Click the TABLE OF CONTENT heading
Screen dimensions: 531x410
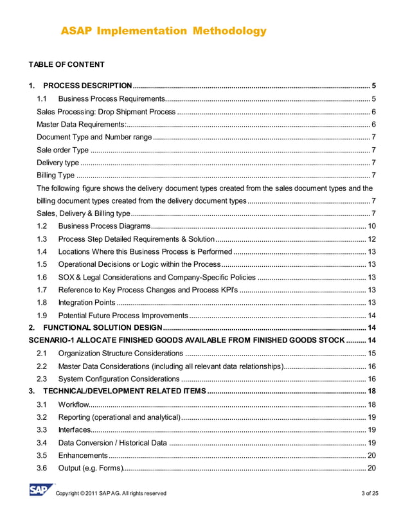click(66, 64)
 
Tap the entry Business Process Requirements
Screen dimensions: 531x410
click(112, 99)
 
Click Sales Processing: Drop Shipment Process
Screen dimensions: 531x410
click(106, 112)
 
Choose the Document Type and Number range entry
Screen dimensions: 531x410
click(94, 137)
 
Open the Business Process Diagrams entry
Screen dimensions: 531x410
click(104, 226)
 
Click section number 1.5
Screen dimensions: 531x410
click(42, 264)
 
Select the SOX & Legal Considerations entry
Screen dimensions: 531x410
click(157, 277)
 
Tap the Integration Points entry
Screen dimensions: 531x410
click(86, 302)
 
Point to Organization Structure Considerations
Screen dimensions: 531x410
click(120, 354)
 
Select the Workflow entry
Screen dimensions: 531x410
click(71, 404)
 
